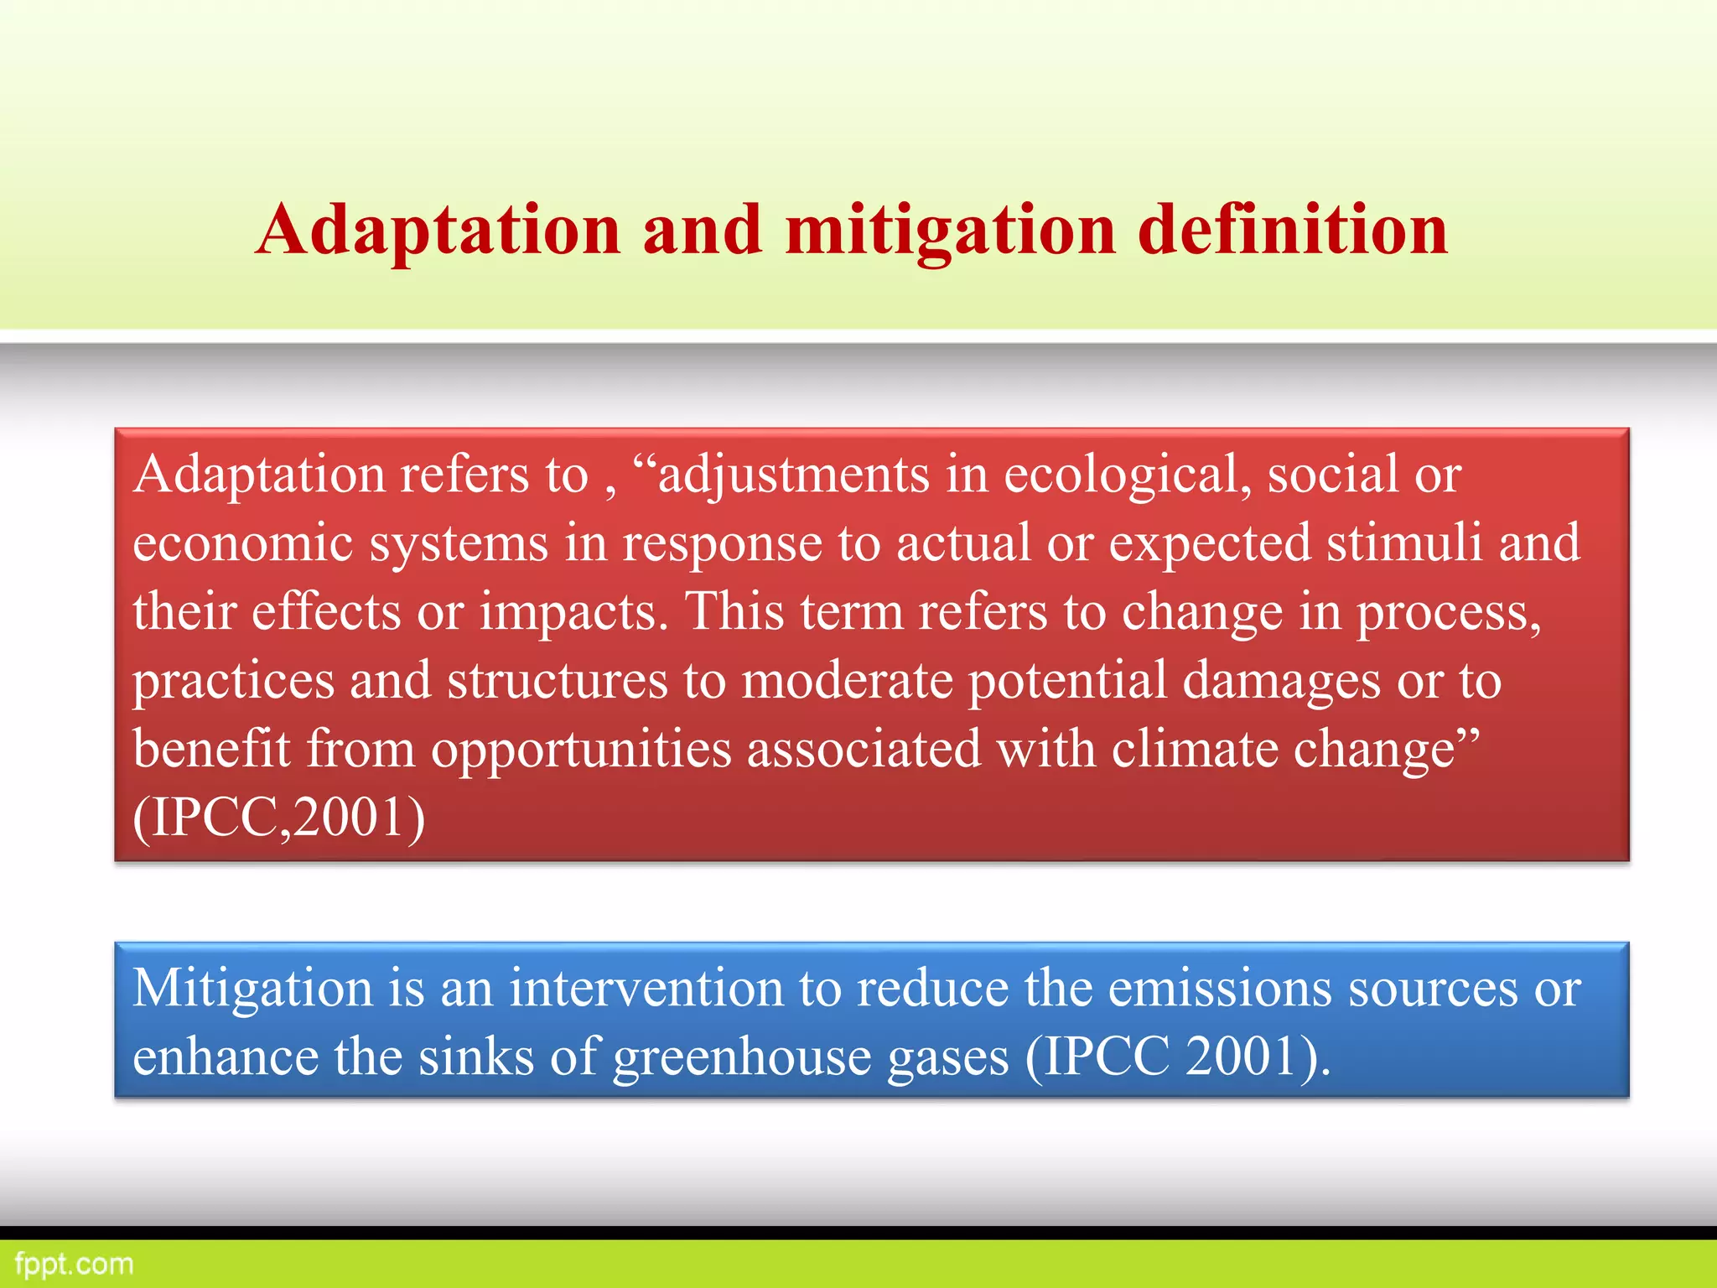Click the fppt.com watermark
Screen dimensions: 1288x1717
pyautogui.click(x=74, y=1264)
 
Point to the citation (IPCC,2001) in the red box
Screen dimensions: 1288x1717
pyautogui.click(x=279, y=818)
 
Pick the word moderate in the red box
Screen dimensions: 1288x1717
pyautogui.click(x=848, y=680)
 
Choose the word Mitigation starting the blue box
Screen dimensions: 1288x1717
pyautogui.click(x=252, y=989)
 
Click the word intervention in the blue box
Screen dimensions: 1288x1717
pyautogui.click(x=646, y=988)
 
